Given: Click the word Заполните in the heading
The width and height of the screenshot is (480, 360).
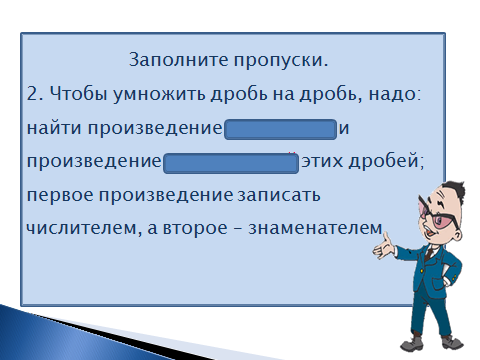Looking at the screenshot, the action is [x=179, y=60].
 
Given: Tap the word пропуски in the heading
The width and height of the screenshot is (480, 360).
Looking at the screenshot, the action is [x=278, y=61].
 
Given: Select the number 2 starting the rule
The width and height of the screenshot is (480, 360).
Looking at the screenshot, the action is [x=33, y=94].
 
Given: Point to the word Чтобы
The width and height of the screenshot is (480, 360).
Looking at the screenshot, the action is [x=79, y=93].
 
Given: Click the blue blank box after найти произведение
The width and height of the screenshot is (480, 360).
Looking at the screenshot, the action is [x=281, y=129].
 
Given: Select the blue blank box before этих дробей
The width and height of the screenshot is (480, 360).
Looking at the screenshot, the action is [x=231, y=163].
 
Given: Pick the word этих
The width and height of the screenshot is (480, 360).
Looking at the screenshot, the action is [x=322, y=161].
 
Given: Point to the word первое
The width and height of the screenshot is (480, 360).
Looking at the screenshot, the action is [x=60, y=195].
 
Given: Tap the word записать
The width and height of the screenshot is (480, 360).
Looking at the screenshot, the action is [x=279, y=195].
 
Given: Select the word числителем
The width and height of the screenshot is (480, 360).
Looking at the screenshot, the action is [x=81, y=229].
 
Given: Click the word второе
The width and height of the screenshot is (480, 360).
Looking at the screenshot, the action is [x=195, y=229].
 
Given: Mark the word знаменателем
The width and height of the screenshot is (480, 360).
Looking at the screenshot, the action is [x=315, y=229].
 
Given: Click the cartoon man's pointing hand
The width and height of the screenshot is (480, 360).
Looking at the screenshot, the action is [x=384, y=247].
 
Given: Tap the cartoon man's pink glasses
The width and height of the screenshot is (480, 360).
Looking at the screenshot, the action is [x=439, y=215].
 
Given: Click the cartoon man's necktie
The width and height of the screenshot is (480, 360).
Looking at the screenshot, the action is [x=429, y=252].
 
